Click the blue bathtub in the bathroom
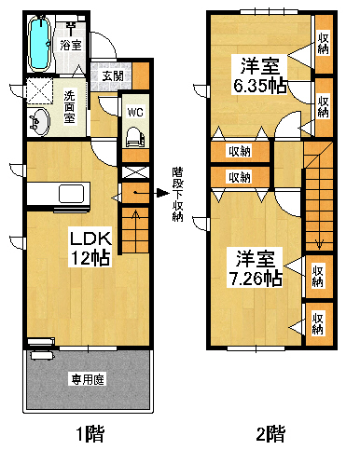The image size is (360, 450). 39,42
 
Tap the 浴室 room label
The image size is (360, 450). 71,45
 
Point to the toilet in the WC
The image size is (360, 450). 135,137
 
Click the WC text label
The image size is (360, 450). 135,112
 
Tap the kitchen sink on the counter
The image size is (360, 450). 72,194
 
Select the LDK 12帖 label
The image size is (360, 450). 90,248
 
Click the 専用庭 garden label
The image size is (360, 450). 88,379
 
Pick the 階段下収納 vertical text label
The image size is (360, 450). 177,194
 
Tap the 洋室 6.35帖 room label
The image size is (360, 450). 259,75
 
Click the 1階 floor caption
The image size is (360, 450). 90,433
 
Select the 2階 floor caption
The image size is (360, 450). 270,433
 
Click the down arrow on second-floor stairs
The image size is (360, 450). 319,243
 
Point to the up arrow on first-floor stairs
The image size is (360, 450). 135,218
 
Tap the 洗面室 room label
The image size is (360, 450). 69,107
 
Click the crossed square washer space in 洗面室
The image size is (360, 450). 39,90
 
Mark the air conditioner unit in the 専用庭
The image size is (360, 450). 42,355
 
